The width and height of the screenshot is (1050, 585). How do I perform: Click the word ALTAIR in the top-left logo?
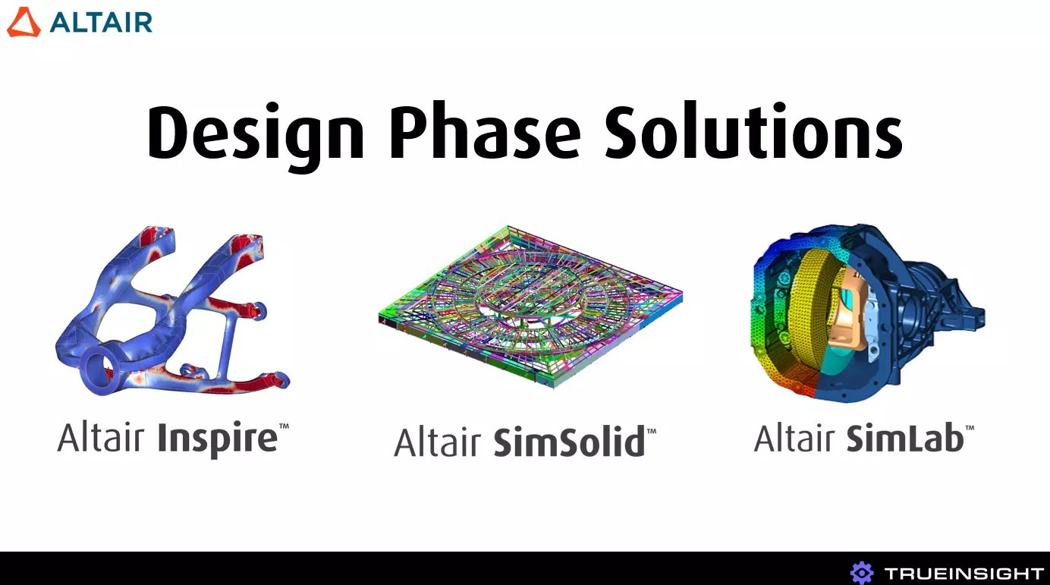tap(102, 22)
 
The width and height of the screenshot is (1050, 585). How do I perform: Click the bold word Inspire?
tap(218, 439)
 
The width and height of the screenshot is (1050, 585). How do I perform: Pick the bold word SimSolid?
tap(569, 442)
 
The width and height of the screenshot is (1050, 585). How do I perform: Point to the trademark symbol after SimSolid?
tap(651, 430)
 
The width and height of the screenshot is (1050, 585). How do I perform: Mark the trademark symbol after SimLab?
tap(969, 428)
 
